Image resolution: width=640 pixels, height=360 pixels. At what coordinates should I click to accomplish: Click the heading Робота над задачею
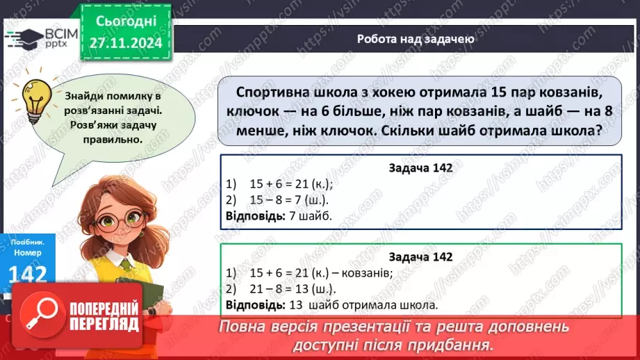(x=416, y=39)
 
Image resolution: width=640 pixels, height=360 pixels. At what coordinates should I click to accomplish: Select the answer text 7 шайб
(x=310, y=215)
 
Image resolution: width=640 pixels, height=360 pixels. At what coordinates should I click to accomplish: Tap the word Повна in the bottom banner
(x=244, y=327)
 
